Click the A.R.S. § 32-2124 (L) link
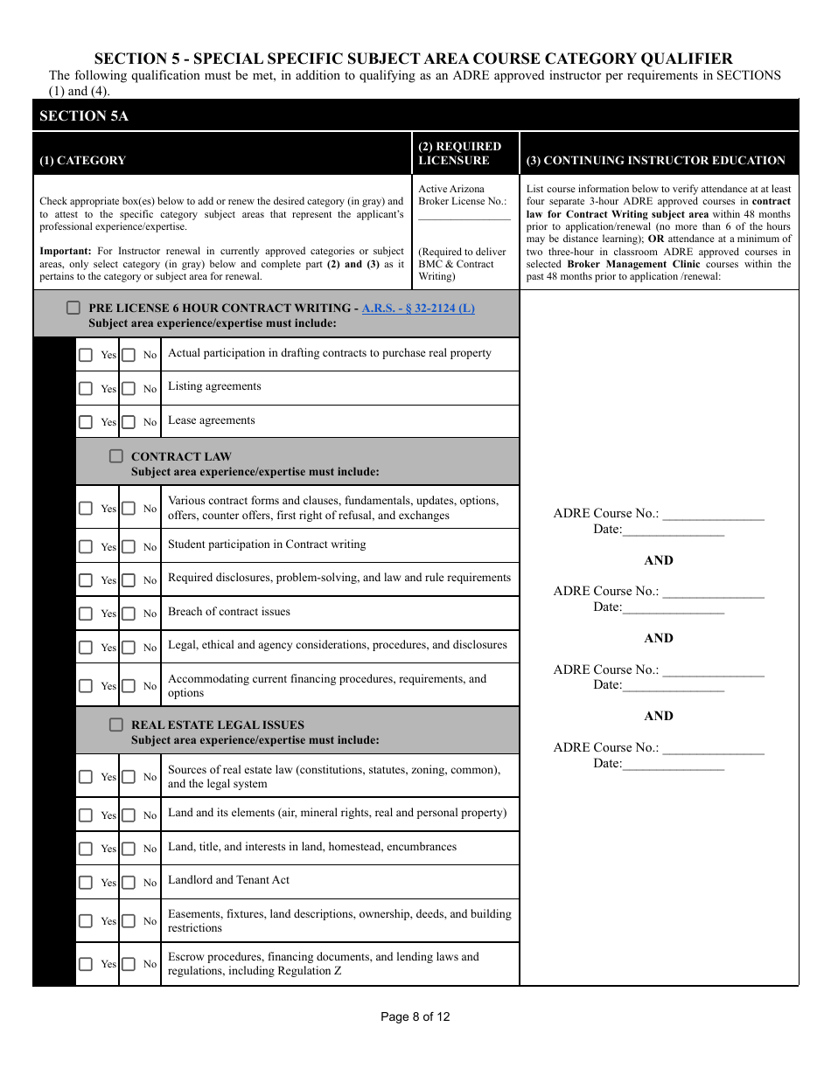point(418,309)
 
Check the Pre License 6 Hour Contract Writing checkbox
point(73,309)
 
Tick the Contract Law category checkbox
point(116,456)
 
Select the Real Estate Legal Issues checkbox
point(116,725)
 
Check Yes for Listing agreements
point(86,388)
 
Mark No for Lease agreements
point(129,422)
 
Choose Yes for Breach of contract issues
point(86,614)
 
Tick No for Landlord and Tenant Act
point(129,882)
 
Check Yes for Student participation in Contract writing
point(86,546)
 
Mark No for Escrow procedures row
point(129,964)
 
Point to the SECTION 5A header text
point(84,116)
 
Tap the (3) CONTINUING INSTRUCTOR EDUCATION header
point(655,160)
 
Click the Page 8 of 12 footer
point(415,1016)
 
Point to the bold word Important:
point(66,251)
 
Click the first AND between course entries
point(659,561)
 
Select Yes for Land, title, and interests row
point(86,849)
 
